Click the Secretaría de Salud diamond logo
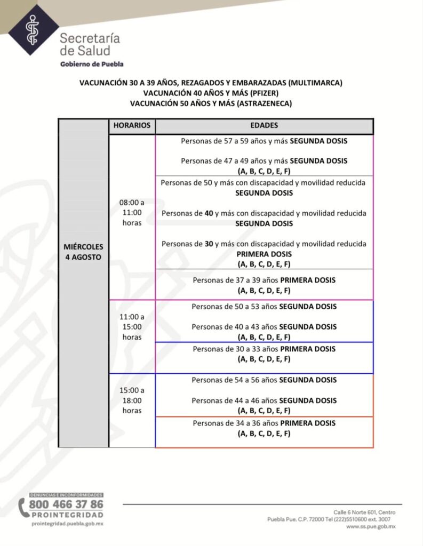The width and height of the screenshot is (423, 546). coord(33,30)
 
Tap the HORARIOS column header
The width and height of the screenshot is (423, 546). coord(132,126)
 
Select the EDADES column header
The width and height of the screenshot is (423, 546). coord(264,126)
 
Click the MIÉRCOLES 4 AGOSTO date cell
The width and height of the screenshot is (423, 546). coord(84,252)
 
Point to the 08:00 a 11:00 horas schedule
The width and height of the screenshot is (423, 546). coord(132,213)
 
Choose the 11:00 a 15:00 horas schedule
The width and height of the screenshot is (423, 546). coord(132,327)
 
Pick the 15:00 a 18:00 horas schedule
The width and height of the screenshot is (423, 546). coord(132,400)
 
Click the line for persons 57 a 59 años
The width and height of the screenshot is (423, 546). coord(264,142)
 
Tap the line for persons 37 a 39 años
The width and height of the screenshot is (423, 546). coord(264,280)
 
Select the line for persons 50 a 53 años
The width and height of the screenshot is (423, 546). coord(264,307)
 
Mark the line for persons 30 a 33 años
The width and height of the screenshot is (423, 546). coord(264,349)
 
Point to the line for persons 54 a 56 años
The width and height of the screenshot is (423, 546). coord(264,380)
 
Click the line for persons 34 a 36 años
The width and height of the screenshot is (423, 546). coord(264,423)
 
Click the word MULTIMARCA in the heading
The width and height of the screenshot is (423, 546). coord(313,83)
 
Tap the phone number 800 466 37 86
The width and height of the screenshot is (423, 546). coord(66,504)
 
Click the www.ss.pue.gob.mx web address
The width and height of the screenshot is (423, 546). coord(370,526)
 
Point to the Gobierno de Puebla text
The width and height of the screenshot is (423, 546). coord(92,64)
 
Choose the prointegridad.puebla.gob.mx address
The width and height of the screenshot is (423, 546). coord(67,524)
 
